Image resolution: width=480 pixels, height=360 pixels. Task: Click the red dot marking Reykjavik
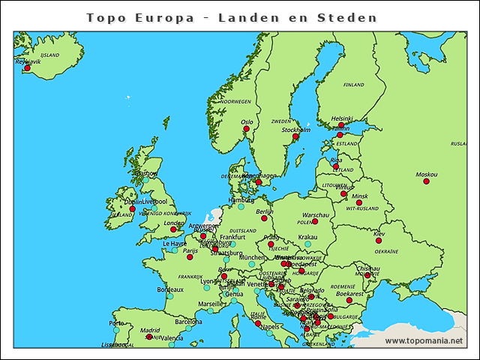point(28,68)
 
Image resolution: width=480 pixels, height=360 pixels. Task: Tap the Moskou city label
point(427,174)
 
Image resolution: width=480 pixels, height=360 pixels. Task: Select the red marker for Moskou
point(426,181)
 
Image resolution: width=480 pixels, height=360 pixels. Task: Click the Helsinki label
point(342,118)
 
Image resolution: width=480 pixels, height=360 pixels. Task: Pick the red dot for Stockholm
point(295,136)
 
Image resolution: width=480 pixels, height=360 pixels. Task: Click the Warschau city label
point(316,214)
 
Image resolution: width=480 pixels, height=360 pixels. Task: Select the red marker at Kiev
point(379,241)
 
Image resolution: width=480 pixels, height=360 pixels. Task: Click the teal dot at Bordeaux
point(170,297)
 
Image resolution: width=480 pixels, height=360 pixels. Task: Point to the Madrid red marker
point(149,337)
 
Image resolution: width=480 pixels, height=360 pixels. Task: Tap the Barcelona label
point(189,321)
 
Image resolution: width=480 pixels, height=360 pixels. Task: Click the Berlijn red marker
point(264,218)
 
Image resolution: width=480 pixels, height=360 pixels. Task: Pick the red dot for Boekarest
point(349,300)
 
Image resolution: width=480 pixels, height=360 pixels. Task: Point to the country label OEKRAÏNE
point(386,252)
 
